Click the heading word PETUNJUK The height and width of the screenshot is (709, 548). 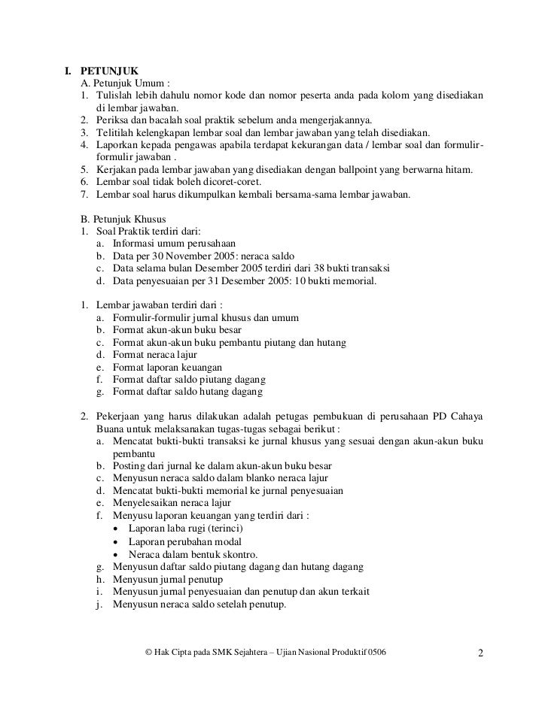[106, 72]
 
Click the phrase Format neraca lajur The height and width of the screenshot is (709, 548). [161, 355]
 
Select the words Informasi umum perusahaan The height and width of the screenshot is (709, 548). [175, 244]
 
